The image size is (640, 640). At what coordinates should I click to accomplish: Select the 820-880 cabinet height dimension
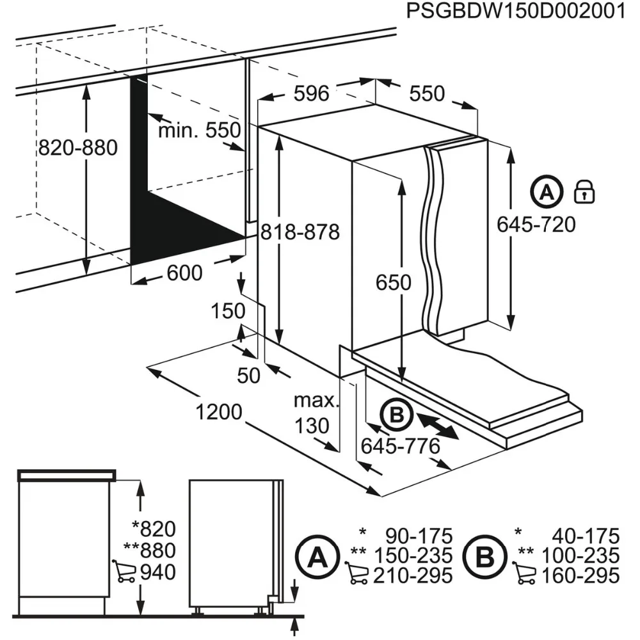78,148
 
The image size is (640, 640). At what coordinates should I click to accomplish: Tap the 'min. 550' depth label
199,131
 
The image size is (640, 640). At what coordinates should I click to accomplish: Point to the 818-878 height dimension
300,231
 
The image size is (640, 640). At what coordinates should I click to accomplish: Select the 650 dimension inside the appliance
393,282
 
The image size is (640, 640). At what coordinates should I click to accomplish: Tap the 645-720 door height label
536,224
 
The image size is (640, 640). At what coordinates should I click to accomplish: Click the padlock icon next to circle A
584,191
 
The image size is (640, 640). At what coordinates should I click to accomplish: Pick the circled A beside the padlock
546,191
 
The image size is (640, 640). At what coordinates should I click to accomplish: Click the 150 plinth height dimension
228,311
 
